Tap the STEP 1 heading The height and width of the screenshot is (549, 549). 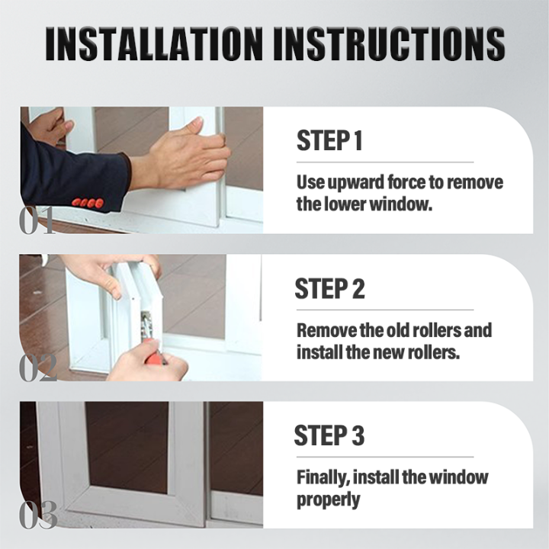pyautogui.click(x=329, y=142)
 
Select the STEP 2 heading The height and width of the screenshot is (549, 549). pyautogui.click(x=329, y=289)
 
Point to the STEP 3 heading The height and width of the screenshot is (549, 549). pyautogui.click(x=329, y=436)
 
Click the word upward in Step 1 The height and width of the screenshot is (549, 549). pyautogui.click(x=358, y=183)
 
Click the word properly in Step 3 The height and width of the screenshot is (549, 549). pyautogui.click(x=329, y=499)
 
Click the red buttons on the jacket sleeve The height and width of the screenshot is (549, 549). pyautogui.click(x=88, y=203)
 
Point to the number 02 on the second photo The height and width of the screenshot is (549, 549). pyautogui.click(x=38, y=368)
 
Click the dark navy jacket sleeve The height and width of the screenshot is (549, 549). pyautogui.click(x=69, y=172)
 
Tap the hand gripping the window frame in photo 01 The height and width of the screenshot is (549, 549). pyautogui.click(x=183, y=156)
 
